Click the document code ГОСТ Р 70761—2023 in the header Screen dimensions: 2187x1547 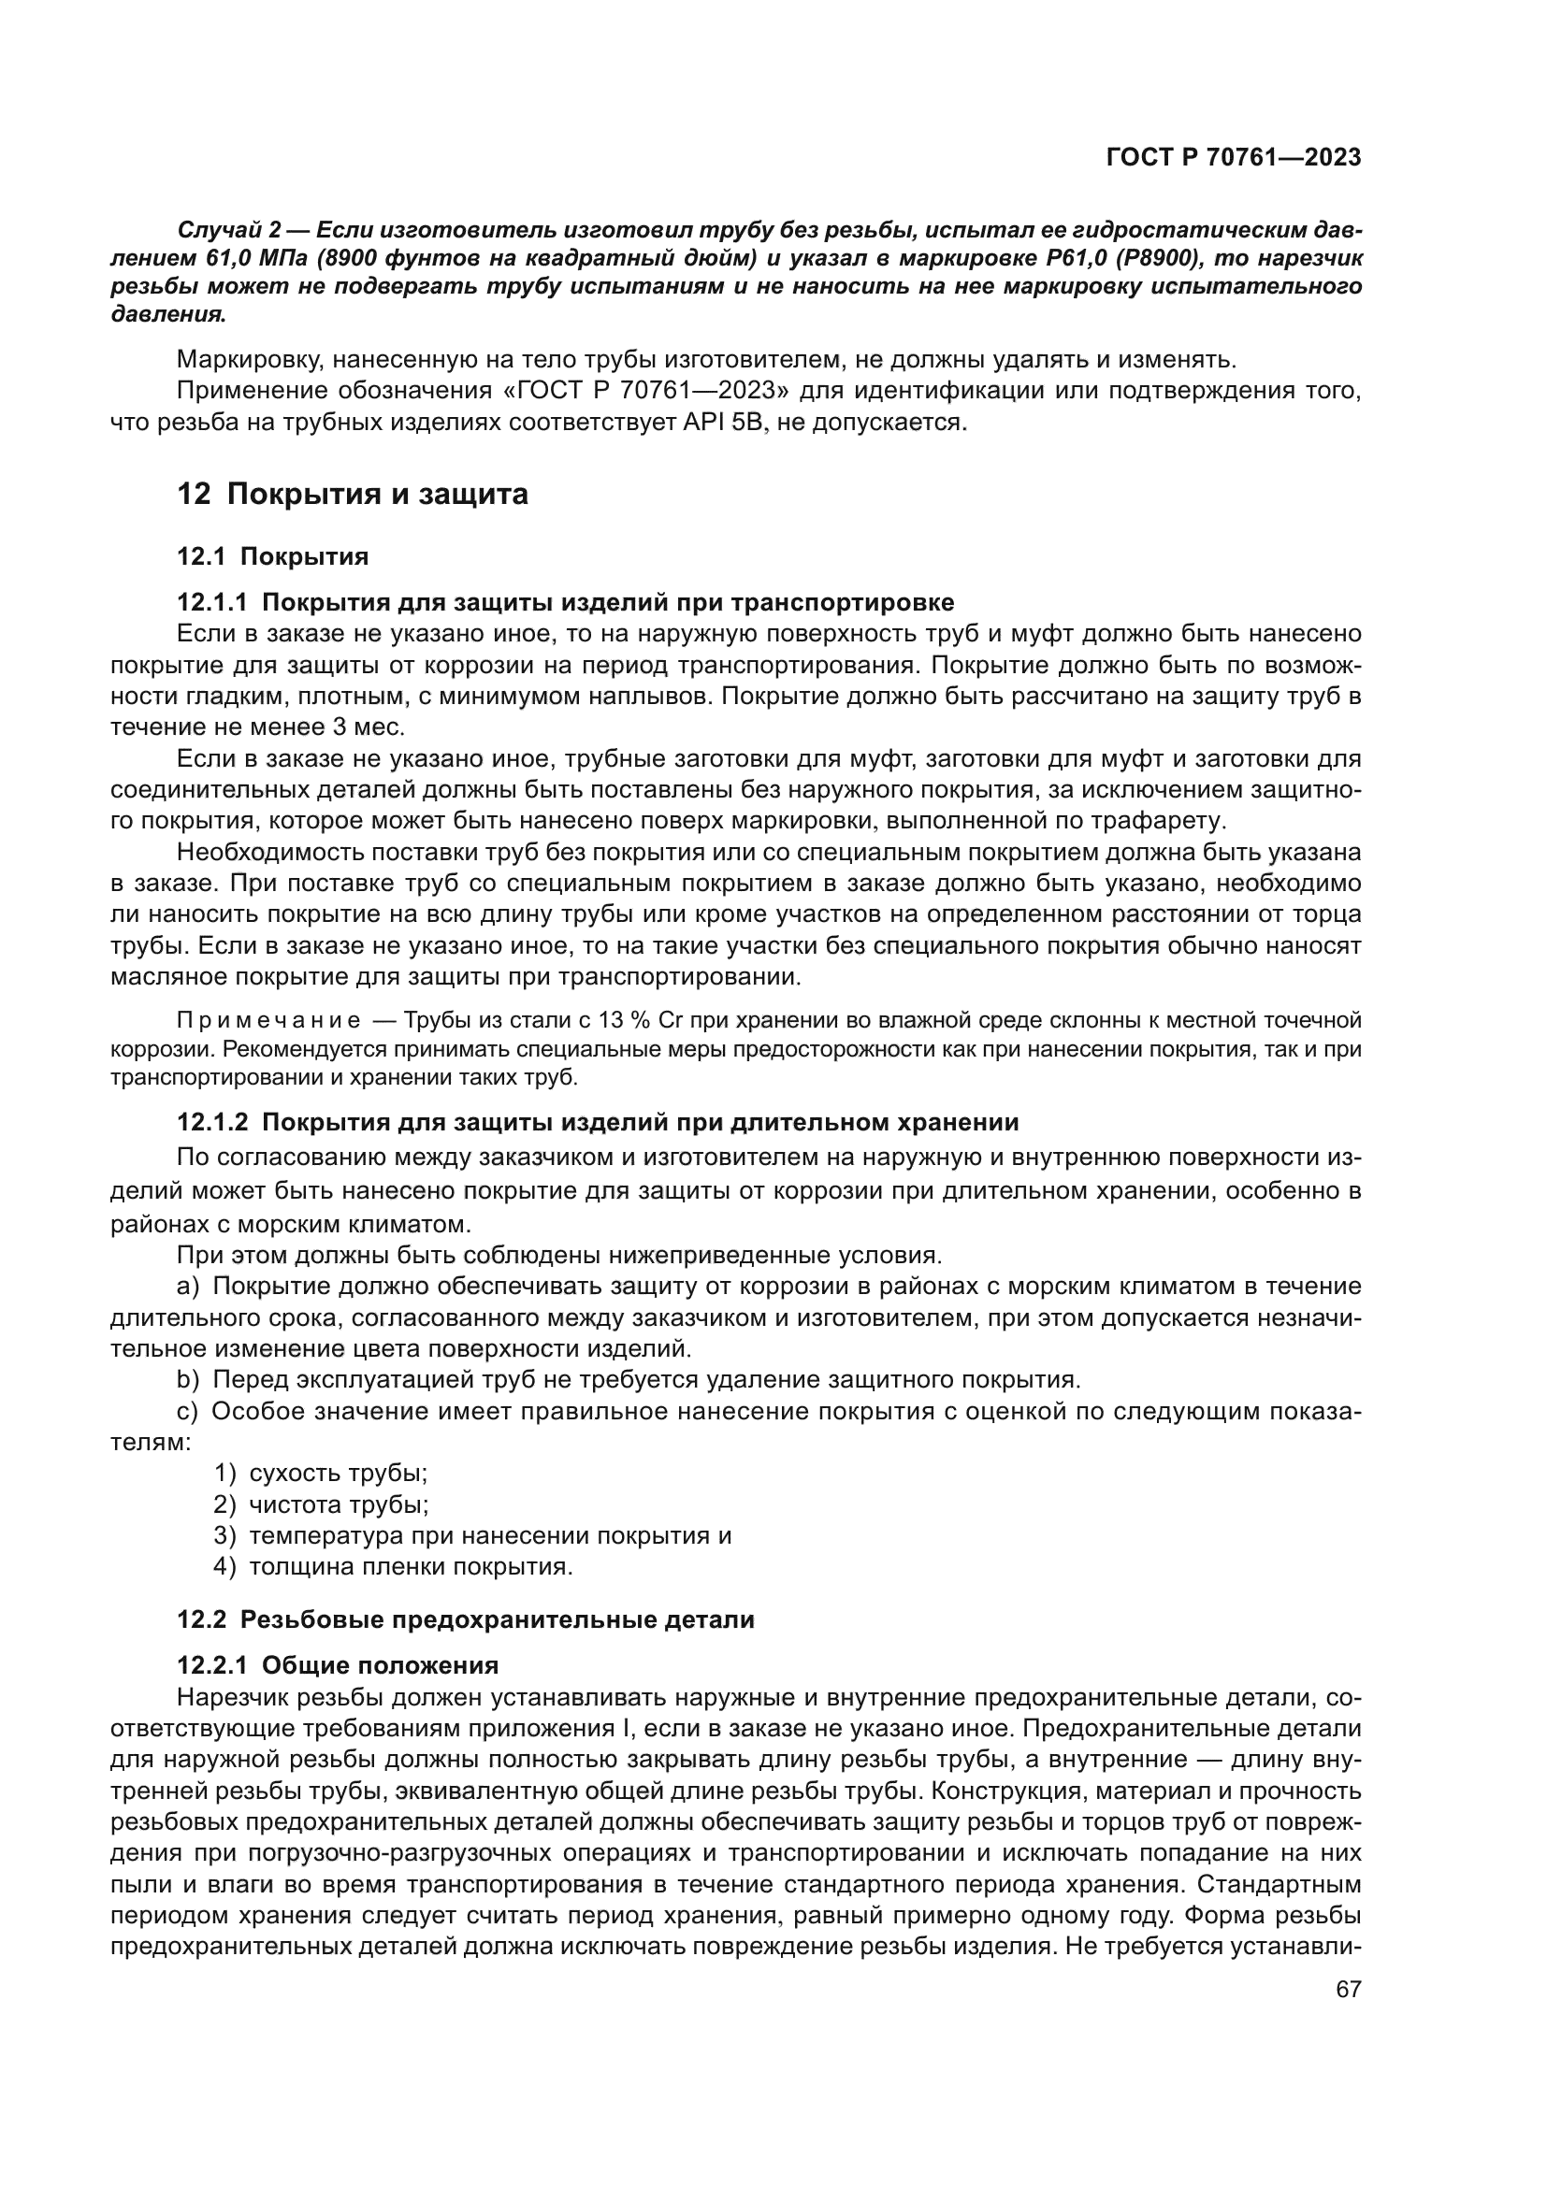[1233, 158]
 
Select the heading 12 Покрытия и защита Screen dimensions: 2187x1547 [353, 495]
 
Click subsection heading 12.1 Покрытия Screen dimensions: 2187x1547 [272, 556]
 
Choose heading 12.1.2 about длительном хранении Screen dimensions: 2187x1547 [598, 1122]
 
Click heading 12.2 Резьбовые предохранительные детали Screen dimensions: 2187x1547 [465, 1619]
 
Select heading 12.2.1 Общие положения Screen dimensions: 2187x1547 [338, 1665]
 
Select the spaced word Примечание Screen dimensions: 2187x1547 [268, 1021]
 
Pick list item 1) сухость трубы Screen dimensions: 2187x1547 [321, 1473]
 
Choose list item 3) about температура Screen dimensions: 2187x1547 [472, 1535]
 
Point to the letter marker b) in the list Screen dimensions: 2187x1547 [188, 1379]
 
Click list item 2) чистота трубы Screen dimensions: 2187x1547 [321, 1504]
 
